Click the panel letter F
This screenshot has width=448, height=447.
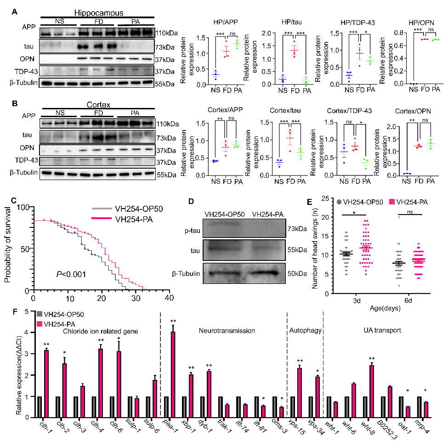[x=15, y=311]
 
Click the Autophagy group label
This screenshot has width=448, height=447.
[x=304, y=330]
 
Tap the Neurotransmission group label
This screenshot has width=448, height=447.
[x=227, y=330]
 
